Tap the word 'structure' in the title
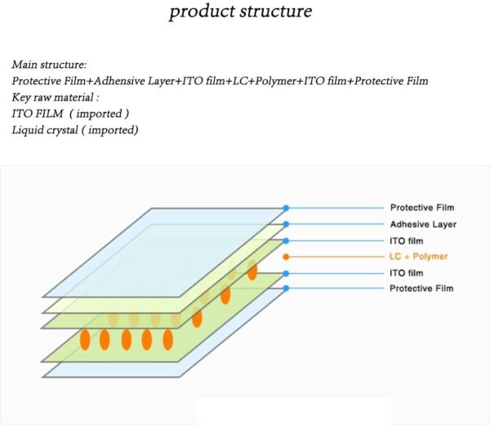[274, 13]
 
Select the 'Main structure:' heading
[49, 64]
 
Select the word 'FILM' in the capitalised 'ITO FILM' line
[52, 114]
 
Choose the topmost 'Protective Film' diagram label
[421, 208]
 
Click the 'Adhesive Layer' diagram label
[423, 224]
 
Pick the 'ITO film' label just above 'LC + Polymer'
[407, 240]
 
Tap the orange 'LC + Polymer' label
[419, 257]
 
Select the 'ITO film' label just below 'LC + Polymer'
[407, 273]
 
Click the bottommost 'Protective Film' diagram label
[421, 289]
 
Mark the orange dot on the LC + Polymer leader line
[285, 257]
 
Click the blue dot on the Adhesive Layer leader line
[285, 224]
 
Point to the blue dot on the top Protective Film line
[285, 208]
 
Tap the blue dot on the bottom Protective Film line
[285, 289]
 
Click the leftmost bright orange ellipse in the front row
[84, 339]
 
